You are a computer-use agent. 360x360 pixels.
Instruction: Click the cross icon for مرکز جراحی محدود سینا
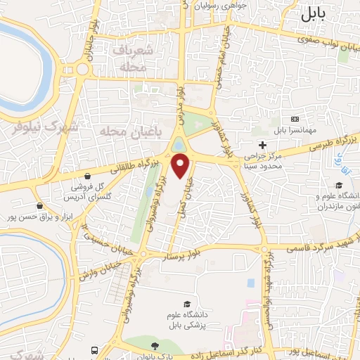pyautogui.click(x=262, y=144)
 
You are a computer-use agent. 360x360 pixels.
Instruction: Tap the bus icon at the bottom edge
pyautogui.click(x=94, y=350)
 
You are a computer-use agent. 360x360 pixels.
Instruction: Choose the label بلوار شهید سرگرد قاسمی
pyautogui.click(x=313, y=246)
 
